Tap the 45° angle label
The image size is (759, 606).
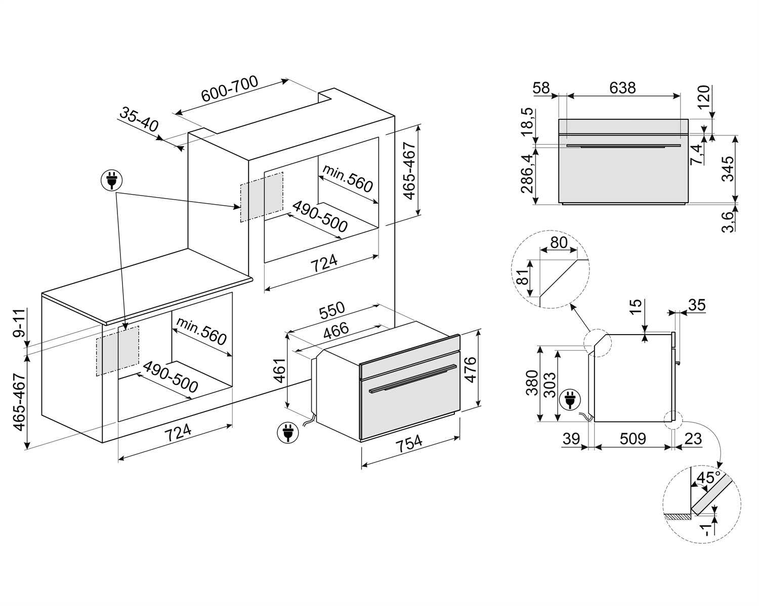(708, 477)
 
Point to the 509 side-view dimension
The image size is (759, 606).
(632, 439)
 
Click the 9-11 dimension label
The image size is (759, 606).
(19, 324)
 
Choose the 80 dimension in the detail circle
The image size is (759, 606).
(559, 242)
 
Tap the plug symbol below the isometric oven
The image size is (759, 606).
(287, 433)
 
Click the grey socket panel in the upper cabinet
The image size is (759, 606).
(262, 197)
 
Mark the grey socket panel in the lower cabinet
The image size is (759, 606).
(117, 350)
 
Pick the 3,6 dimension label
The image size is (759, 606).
(727, 221)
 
